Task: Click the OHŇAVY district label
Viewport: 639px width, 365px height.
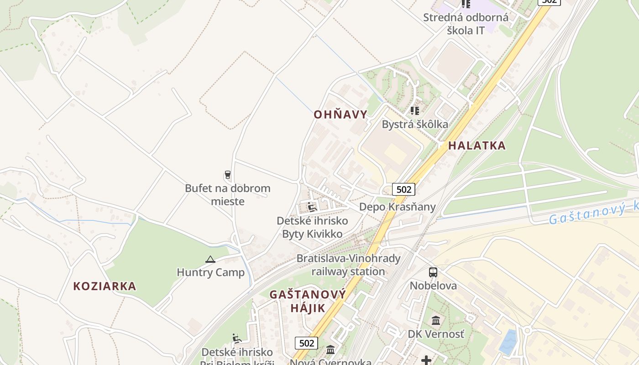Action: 340,115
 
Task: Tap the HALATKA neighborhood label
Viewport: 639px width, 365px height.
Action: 477,146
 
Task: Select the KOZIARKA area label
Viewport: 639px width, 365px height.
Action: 105,286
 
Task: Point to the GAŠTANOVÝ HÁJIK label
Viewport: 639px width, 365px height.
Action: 308,301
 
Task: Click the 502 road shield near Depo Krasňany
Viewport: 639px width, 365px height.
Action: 403,189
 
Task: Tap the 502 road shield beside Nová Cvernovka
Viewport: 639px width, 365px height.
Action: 306,343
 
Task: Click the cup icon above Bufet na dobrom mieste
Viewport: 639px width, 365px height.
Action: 227,175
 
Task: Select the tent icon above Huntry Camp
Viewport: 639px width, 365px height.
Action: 210,260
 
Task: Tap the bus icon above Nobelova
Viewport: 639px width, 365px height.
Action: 433,272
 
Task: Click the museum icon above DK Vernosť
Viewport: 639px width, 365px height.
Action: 436,320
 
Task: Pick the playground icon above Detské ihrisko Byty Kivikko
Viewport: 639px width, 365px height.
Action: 312,207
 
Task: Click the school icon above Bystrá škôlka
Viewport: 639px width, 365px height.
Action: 415,111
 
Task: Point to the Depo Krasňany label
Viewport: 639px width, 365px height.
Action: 397,207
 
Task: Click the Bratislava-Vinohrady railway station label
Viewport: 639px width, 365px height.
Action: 348,265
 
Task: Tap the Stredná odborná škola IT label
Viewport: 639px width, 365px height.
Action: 466,24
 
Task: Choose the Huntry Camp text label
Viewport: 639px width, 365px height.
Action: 210,273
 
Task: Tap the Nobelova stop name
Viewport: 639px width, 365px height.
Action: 433,286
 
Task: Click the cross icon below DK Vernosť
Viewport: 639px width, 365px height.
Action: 426,360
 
